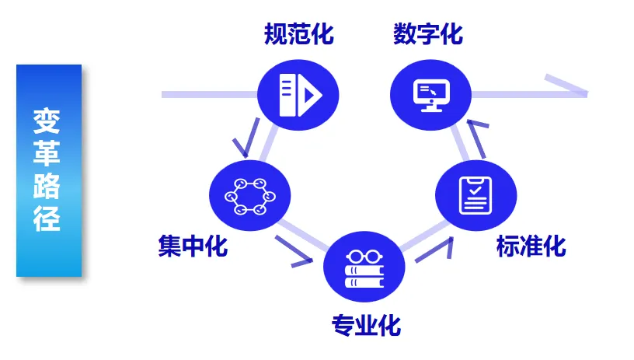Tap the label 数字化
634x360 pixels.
click(428, 35)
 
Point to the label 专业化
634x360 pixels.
click(367, 324)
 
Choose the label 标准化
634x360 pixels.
click(531, 246)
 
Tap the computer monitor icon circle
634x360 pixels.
click(430, 94)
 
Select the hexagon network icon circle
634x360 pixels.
click(249, 196)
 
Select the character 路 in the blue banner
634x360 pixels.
click(47, 187)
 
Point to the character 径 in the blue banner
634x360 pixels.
click(47, 220)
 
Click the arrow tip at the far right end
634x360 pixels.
click(581, 93)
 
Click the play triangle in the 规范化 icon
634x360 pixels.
click(311, 95)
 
